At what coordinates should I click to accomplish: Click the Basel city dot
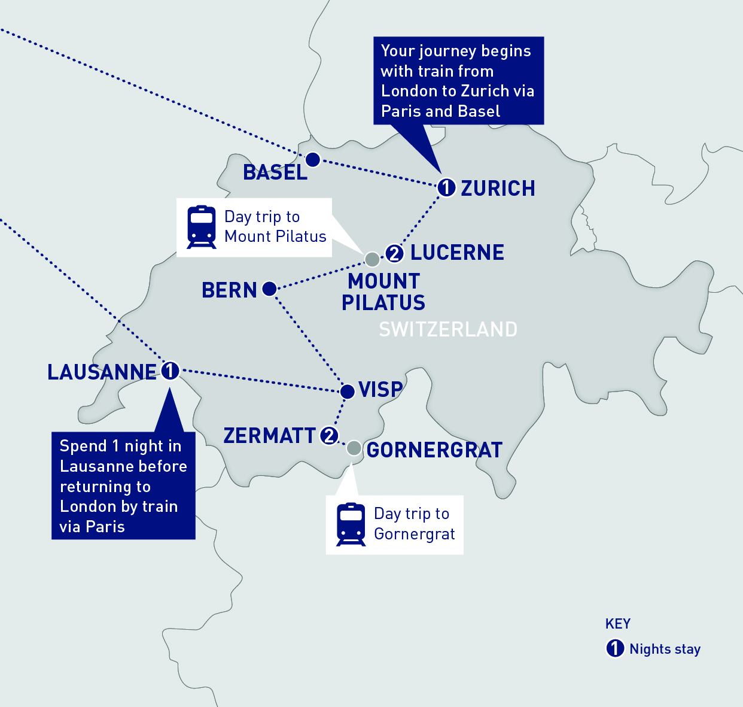(x=312, y=160)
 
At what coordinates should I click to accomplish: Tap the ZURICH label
(x=498, y=189)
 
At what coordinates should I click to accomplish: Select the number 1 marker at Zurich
(x=446, y=187)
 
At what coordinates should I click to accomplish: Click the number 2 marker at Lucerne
(x=394, y=253)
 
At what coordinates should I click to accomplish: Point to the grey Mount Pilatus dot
(x=372, y=259)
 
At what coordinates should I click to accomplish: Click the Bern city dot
(x=269, y=289)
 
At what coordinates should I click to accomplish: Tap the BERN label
(x=229, y=290)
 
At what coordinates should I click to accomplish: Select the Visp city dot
(x=347, y=392)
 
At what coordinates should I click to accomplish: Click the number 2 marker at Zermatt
(x=329, y=435)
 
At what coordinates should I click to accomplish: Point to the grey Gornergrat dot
(x=354, y=448)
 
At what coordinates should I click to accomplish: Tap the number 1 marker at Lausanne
(x=170, y=371)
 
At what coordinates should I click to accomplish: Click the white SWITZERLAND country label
(x=448, y=329)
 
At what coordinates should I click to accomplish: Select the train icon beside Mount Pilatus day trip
(x=202, y=227)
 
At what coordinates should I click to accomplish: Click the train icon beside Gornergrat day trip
(x=351, y=524)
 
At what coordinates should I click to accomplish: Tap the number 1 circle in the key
(x=615, y=648)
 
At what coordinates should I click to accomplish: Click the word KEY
(x=618, y=624)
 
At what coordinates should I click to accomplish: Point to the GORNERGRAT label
(x=434, y=450)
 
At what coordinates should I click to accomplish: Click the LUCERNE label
(x=457, y=253)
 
